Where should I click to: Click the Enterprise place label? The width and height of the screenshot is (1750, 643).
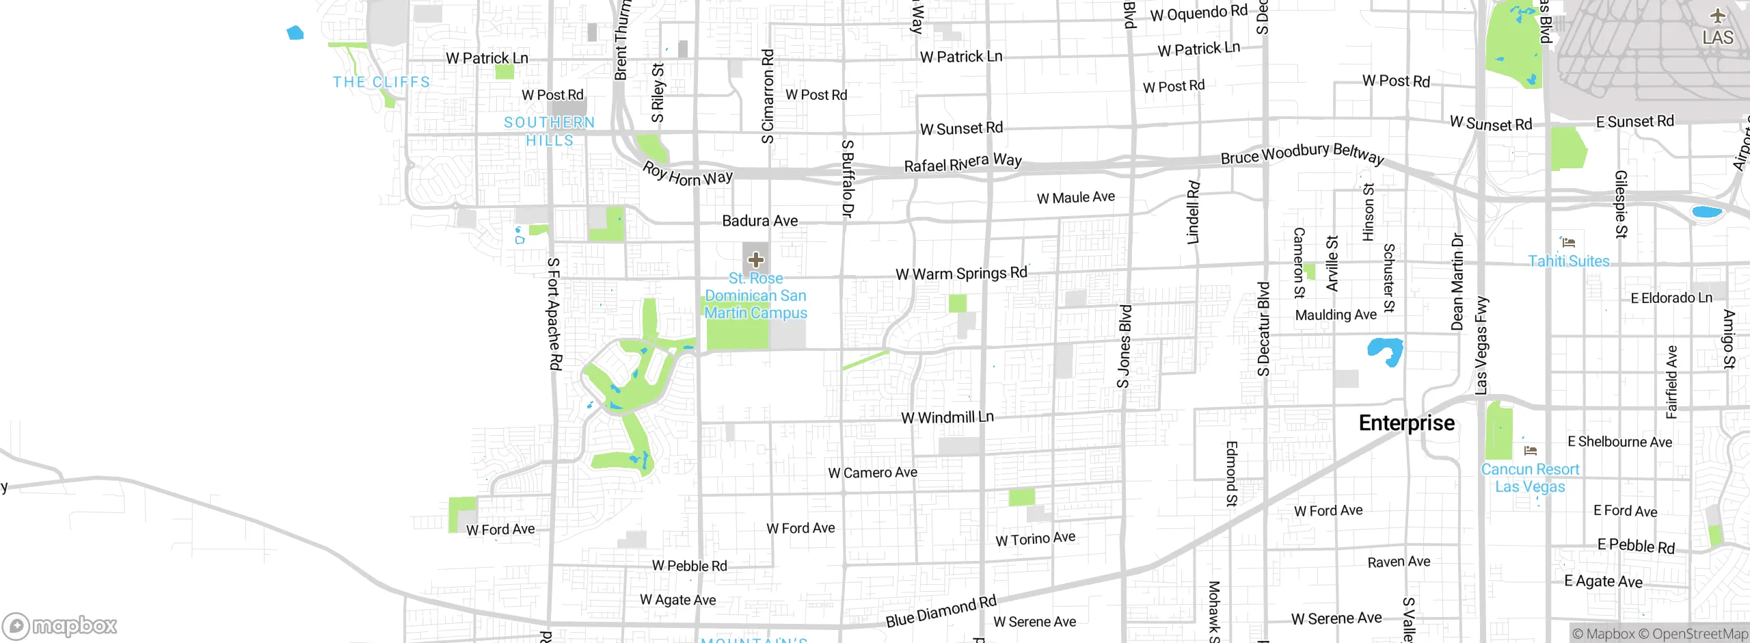(x=1406, y=423)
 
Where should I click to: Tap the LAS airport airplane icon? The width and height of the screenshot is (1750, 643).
(x=1717, y=16)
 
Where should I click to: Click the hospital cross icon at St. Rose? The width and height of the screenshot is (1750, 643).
(x=755, y=260)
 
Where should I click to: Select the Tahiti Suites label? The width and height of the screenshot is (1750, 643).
(x=1568, y=261)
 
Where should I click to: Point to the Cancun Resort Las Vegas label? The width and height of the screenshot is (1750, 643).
(x=1530, y=478)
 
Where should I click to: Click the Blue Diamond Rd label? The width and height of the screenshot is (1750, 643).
(x=941, y=612)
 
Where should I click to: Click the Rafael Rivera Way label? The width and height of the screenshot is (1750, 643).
(x=962, y=163)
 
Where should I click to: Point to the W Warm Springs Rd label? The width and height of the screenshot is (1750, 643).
(x=961, y=274)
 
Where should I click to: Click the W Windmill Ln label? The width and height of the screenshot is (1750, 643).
(x=947, y=417)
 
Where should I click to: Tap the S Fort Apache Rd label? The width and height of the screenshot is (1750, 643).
(x=554, y=314)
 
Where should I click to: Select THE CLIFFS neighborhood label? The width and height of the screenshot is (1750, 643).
(x=381, y=82)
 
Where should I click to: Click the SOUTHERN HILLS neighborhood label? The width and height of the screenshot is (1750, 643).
(x=550, y=131)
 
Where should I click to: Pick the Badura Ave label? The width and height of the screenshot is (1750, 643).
(x=759, y=221)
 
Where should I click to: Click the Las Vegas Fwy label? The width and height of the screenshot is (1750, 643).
(x=1481, y=345)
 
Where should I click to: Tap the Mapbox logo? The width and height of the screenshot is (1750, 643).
(x=60, y=626)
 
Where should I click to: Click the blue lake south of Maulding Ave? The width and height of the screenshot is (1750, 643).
(x=1386, y=350)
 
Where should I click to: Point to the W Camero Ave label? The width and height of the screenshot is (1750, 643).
(x=872, y=473)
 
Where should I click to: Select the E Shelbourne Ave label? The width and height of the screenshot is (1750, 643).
(x=1619, y=442)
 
